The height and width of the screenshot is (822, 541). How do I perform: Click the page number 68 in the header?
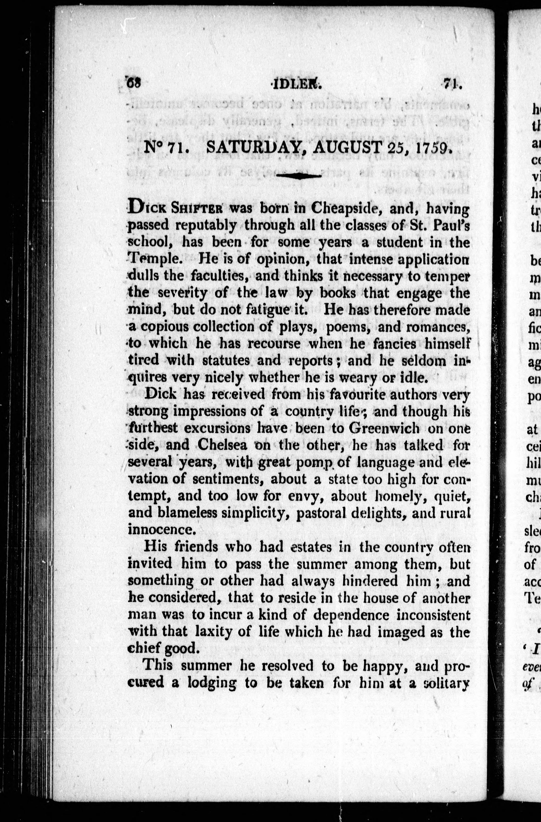point(133,84)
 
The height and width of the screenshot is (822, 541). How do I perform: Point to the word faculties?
point(222,276)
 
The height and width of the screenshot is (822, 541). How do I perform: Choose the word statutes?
point(226,360)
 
